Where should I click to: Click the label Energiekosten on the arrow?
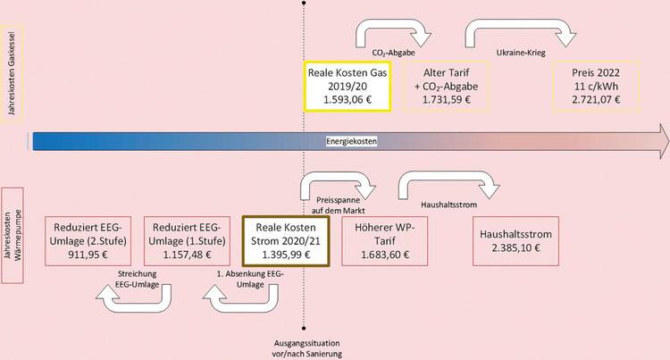pyautogui.click(x=351, y=141)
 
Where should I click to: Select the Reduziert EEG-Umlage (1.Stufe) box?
pyautogui.click(x=189, y=240)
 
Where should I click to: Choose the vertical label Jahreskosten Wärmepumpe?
pyautogui.click(x=15, y=236)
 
